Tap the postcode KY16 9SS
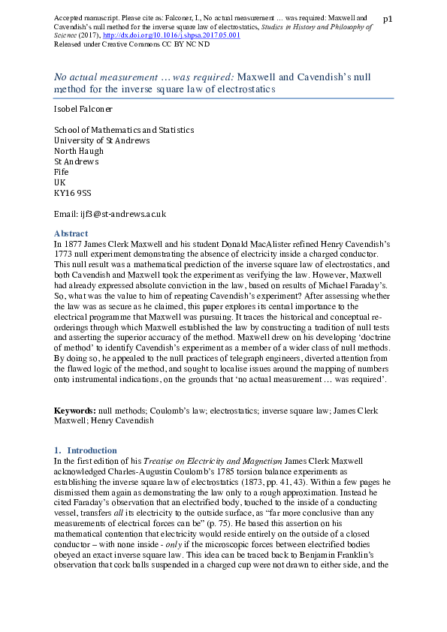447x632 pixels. [x=73, y=193]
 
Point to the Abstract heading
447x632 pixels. [x=71, y=233]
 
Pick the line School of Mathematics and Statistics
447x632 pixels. [x=124, y=130]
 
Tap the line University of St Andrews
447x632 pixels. [x=102, y=140]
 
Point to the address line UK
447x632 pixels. [x=60, y=182]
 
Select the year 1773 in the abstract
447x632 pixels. [x=65, y=254]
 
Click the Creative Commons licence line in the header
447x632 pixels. [x=132, y=44]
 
